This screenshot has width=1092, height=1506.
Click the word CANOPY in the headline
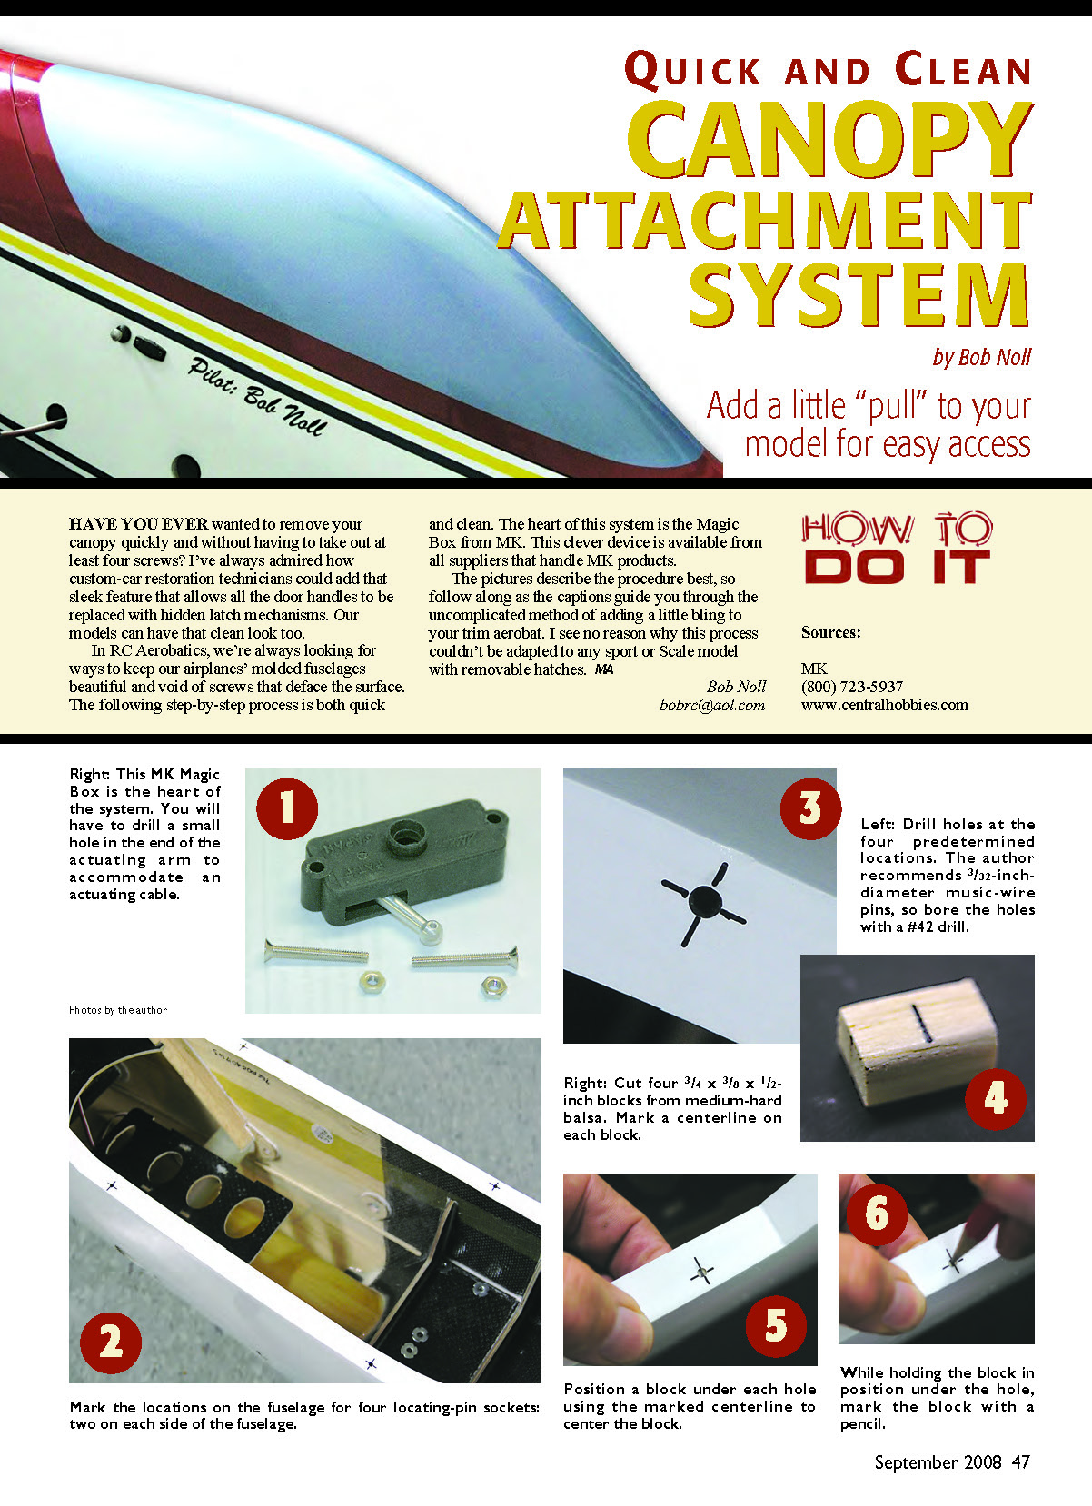pos(829,140)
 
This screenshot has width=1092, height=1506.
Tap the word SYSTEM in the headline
pos(859,294)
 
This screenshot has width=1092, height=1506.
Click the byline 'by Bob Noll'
pos(982,357)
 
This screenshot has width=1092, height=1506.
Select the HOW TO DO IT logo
pos(897,549)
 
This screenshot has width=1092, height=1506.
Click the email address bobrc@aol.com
pos(712,705)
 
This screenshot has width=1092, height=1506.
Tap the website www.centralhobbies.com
pos(884,705)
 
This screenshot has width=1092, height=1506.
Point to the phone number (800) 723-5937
pos(851,687)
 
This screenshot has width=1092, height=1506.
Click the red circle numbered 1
pos(287,808)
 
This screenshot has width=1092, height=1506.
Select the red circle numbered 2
pos(111,1343)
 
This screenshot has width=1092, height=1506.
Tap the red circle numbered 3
pos(810,808)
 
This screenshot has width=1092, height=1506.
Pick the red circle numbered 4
pos(995,1099)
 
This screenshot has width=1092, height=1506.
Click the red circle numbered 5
pos(776,1326)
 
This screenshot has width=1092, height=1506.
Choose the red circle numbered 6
pos(877,1214)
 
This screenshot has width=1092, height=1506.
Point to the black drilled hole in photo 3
pos(705,899)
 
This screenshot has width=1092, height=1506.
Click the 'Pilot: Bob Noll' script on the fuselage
pos(257,396)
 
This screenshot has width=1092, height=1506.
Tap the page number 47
pos(1021,1461)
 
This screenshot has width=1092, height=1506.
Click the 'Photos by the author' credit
pos(118,1010)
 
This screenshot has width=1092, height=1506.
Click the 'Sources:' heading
pos(830,632)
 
